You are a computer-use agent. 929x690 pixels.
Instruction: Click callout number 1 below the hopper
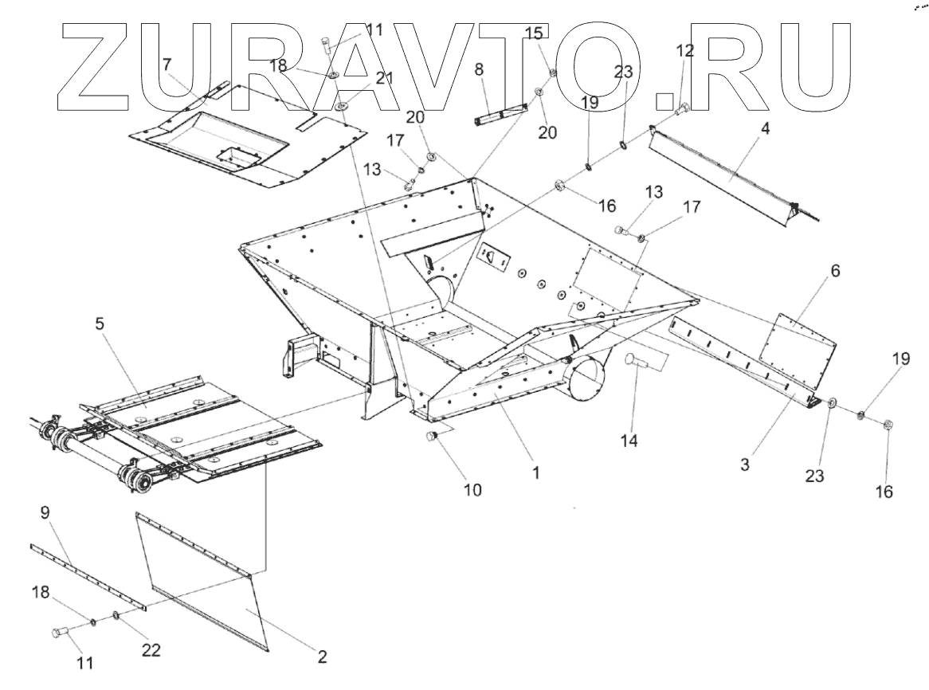pos(536,472)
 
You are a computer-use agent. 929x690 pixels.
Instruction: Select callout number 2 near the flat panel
pos(322,658)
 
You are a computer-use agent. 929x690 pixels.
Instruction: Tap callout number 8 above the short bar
pos(479,69)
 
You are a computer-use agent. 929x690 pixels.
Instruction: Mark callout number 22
pos(151,650)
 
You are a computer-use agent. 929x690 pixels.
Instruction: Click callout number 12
pos(684,50)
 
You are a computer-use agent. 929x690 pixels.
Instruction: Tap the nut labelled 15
pos(551,73)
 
